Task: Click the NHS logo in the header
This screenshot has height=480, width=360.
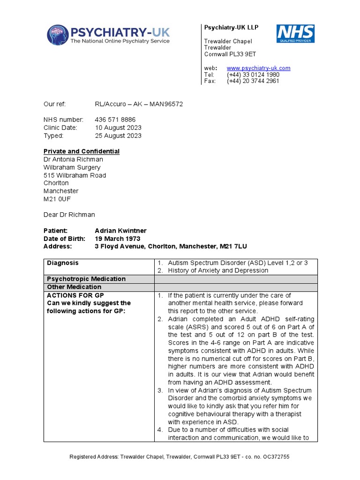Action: tap(295, 34)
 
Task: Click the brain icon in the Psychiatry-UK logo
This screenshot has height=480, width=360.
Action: tap(57, 35)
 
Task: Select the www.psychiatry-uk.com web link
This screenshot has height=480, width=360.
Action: tap(258, 68)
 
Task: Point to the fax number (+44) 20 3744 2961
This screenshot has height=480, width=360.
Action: tap(253, 81)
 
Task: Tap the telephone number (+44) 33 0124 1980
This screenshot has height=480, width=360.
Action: tap(253, 75)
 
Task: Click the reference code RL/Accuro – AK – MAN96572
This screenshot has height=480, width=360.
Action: tap(139, 104)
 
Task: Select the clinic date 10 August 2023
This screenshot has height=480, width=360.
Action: tap(118, 127)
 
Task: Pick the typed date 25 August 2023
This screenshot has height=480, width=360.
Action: tap(118, 136)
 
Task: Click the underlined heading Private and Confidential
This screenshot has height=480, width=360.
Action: tap(82, 151)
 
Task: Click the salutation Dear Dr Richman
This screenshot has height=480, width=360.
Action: tap(69, 215)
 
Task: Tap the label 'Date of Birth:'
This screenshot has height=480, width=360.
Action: tap(64, 239)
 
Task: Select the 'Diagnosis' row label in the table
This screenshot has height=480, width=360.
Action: tap(63, 263)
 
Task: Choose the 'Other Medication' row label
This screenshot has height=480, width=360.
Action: tap(74, 287)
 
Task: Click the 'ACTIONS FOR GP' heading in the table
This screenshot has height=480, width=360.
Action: tap(75, 295)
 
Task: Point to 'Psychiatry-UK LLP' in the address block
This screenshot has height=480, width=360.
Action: tap(231, 28)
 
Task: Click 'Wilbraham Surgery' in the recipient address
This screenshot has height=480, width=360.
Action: tap(72, 167)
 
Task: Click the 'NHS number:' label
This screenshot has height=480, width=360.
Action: tap(63, 120)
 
